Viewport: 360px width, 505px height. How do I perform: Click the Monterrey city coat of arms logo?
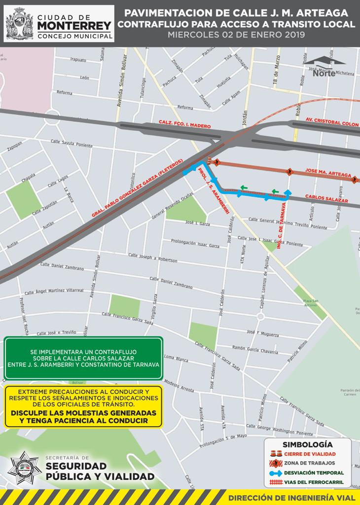click(20, 23)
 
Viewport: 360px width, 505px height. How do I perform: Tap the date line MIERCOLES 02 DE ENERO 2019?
click(236, 35)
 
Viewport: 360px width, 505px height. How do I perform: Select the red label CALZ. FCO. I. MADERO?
click(185, 124)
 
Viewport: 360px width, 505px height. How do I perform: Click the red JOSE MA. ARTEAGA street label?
click(328, 173)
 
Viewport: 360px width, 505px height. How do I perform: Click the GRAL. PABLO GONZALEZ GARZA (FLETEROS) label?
click(138, 188)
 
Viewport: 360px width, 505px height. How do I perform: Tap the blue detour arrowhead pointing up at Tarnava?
click(288, 192)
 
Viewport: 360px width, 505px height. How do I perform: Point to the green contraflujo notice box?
click(83, 359)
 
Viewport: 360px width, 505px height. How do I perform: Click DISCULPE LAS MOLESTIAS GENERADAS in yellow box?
click(83, 413)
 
